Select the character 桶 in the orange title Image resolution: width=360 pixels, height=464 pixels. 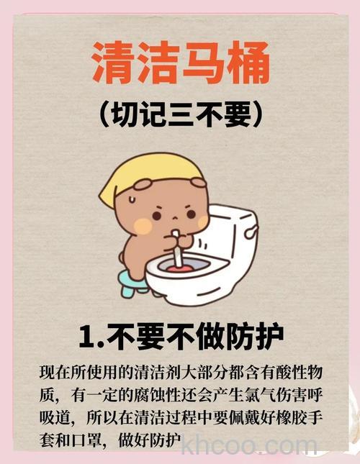pos(245,65)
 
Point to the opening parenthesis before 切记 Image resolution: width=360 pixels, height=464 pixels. pos(102,116)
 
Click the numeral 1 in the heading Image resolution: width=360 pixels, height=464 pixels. pos(87,337)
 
